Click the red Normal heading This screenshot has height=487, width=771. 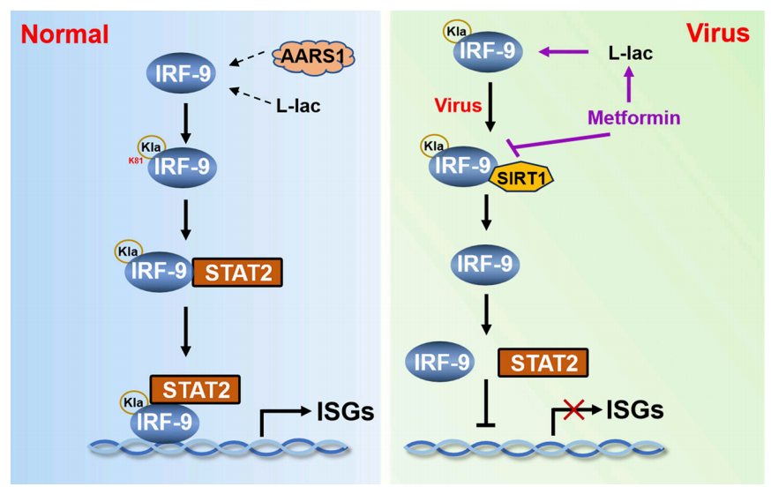pyautogui.click(x=64, y=34)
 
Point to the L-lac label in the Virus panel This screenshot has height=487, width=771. pyautogui.click(x=631, y=53)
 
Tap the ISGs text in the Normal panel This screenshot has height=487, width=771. pyautogui.click(x=345, y=409)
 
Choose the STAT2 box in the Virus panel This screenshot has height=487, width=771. pyautogui.click(x=543, y=362)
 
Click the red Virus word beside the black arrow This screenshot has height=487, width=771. pyautogui.click(x=456, y=105)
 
